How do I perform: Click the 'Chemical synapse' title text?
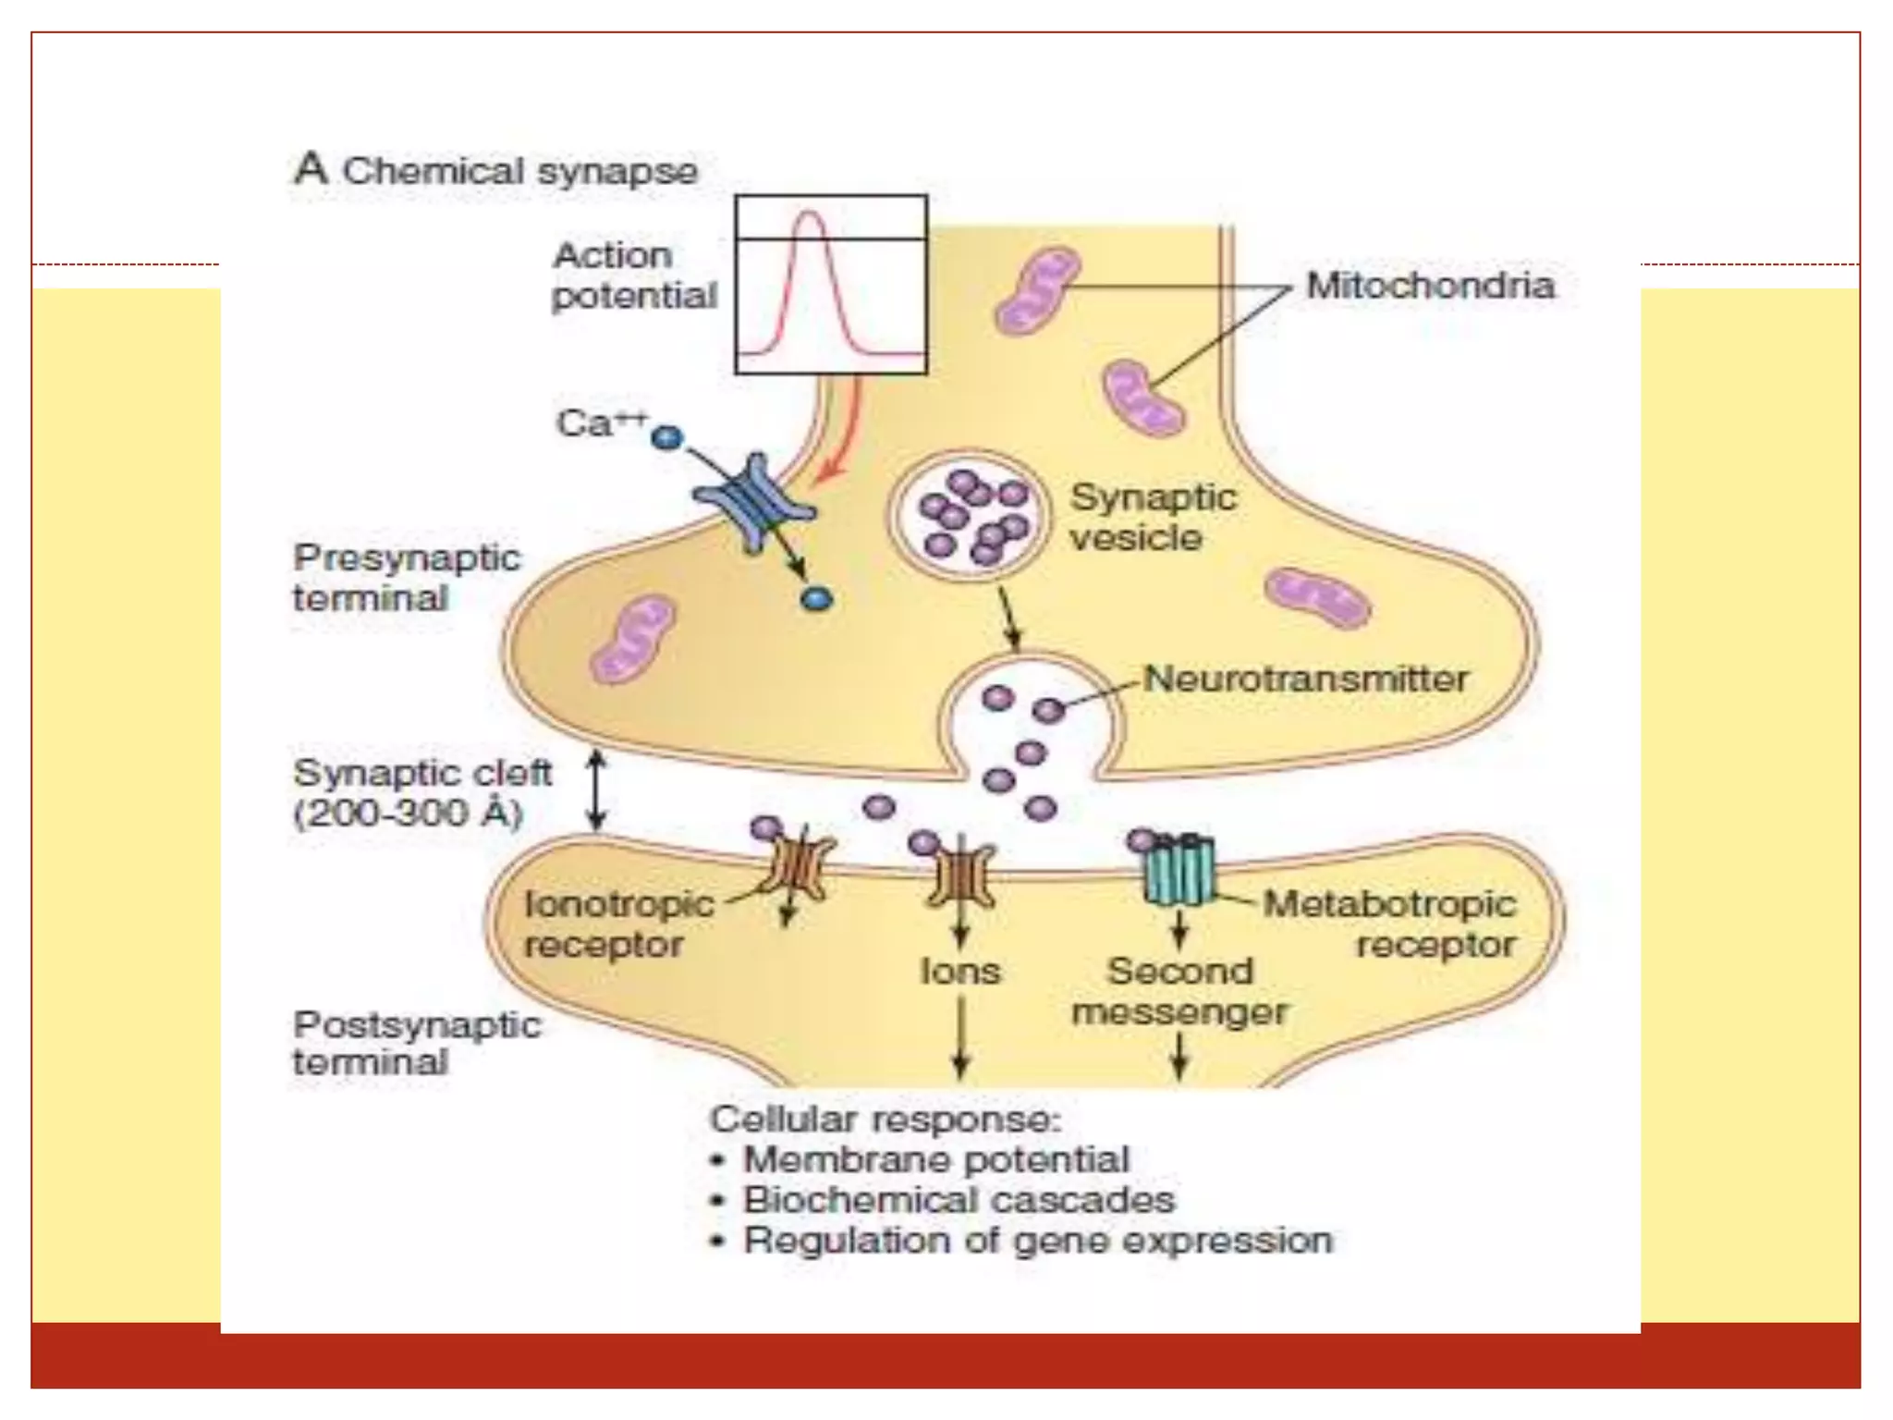coord(519,172)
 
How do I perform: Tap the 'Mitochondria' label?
coord(1429,286)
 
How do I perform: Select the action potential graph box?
coord(830,285)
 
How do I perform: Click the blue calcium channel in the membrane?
coord(753,504)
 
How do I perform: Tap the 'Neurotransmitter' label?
coord(1305,679)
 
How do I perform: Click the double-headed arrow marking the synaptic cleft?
coord(597,790)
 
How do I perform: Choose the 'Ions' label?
coord(960,972)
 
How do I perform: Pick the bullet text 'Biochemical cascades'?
coord(959,1200)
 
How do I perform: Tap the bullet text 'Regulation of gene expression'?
coord(1038,1241)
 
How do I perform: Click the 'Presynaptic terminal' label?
coord(407,578)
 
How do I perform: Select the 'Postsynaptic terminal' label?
coord(416,1043)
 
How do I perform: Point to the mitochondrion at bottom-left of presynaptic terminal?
coord(633,640)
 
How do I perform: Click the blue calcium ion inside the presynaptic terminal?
coord(816,600)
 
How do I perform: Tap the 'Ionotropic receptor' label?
coord(617,924)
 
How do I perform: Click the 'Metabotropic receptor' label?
coord(1389,924)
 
